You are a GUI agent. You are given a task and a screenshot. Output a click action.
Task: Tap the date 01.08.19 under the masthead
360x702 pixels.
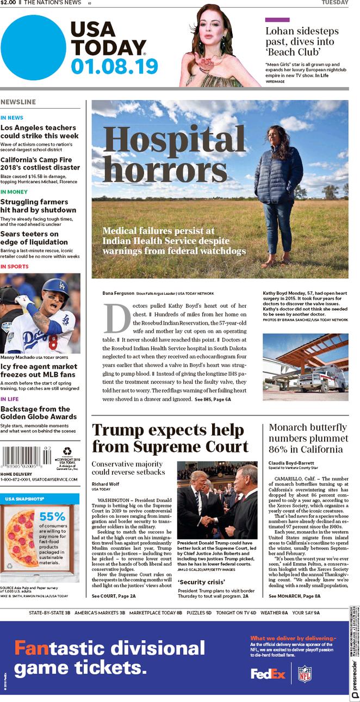point(114,66)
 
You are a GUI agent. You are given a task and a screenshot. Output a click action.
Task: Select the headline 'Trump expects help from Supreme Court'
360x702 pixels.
point(170,438)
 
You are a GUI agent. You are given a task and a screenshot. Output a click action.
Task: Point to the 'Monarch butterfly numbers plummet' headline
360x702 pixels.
point(308,438)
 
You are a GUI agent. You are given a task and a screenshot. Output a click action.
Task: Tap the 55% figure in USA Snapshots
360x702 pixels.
point(52,516)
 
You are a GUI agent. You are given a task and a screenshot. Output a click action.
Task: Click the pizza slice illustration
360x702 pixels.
point(22,538)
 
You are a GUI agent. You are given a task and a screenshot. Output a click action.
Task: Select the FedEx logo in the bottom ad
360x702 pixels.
point(268,674)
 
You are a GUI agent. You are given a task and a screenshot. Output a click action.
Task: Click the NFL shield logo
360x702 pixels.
point(305,674)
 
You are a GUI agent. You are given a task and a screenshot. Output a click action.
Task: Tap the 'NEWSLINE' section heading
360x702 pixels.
point(18,102)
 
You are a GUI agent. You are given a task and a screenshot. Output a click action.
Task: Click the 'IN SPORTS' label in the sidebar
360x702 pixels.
point(15,266)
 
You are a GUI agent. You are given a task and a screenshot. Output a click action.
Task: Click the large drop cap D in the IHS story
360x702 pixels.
point(116,318)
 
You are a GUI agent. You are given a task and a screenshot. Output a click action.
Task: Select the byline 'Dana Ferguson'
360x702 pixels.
point(119,294)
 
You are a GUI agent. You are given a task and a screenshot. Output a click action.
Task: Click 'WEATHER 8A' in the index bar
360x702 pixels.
point(274,613)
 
